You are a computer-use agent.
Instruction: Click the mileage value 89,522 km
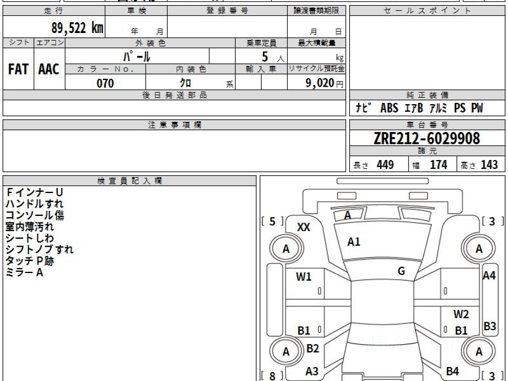77,28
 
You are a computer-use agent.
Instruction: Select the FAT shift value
18,69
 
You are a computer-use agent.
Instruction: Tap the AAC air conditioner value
49,69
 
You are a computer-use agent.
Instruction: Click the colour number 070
105,83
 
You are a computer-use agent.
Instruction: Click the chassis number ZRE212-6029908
427,138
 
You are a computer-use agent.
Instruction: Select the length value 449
385,165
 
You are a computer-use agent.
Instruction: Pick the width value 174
439,165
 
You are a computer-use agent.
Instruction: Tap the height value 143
489,165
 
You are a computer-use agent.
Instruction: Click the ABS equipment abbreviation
389,108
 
